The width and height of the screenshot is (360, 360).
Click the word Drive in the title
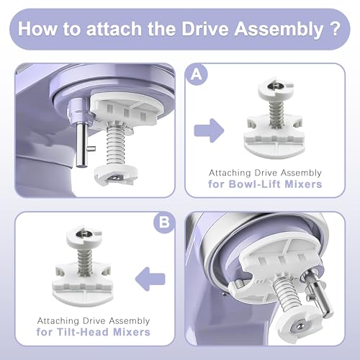(x=204, y=29)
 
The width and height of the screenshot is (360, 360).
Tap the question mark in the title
(x=334, y=29)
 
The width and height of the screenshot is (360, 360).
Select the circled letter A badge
(x=197, y=75)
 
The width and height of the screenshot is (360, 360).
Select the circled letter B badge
(x=164, y=222)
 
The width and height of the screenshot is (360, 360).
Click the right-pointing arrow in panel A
(x=209, y=131)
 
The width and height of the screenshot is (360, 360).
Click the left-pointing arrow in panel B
(x=150, y=279)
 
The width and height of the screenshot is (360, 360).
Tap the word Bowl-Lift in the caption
(x=255, y=184)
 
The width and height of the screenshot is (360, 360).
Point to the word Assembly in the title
(x=279, y=30)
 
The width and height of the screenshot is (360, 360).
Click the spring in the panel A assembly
(x=276, y=113)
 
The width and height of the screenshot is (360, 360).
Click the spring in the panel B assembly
(x=85, y=261)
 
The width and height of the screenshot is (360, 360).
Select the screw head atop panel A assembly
(x=276, y=86)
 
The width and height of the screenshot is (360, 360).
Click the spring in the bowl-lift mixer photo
(x=116, y=145)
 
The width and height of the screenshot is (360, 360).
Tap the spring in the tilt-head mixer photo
(x=287, y=293)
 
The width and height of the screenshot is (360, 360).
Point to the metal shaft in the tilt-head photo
(x=319, y=294)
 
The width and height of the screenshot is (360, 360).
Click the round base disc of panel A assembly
(x=274, y=148)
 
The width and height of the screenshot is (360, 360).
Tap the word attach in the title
(x=114, y=29)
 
